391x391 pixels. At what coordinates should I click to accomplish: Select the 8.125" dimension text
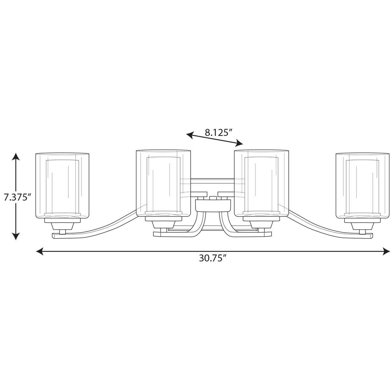click(x=218, y=133)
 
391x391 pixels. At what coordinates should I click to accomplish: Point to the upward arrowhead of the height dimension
click(x=16, y=157)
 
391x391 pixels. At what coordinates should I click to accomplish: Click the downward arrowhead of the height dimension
click(x=16, y=236)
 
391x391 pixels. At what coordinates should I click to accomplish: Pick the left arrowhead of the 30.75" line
click(x=40, y=252)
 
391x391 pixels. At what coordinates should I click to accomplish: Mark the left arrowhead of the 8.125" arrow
click(x=190, y=135)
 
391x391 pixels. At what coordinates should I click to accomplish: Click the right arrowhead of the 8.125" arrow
click(x=239, y=143)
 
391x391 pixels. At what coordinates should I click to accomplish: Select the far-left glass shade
click(x=62, y=186)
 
